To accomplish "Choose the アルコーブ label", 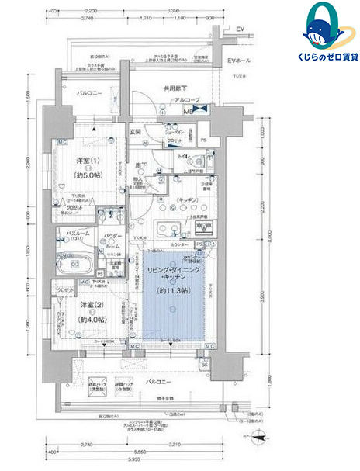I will pyautogui.click(x=187, y=100).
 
